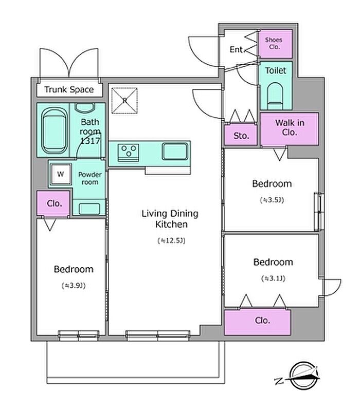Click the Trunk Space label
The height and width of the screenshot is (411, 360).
pos(69,89)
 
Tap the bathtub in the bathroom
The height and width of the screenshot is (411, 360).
pos(54,131)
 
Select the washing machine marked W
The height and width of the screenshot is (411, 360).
pos(61,174)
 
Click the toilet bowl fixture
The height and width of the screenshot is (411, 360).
pos(275,96)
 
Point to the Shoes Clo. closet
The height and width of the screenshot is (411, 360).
pos(276,44)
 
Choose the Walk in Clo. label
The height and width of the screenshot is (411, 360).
pos(290,127)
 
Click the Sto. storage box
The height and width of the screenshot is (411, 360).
pos(241,135)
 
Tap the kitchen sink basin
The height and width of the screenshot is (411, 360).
pos(175,151)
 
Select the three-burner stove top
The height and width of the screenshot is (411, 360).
pos(128,152)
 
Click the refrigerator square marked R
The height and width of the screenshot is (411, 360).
pos(124,101)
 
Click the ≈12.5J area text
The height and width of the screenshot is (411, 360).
pos(172,240)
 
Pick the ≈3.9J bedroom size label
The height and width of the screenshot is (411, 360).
pos(74,285)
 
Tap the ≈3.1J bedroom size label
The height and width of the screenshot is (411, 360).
pos(273,278)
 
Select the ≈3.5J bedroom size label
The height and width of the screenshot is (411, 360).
pos(272,200)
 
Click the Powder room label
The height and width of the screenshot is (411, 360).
pos(90,178)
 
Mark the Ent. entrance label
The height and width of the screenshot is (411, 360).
pos(237,49)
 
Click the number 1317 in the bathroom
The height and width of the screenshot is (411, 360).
pos(91,141)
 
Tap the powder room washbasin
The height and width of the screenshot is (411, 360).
pos(89,208)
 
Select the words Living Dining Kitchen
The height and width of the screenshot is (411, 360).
pos(170,219)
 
